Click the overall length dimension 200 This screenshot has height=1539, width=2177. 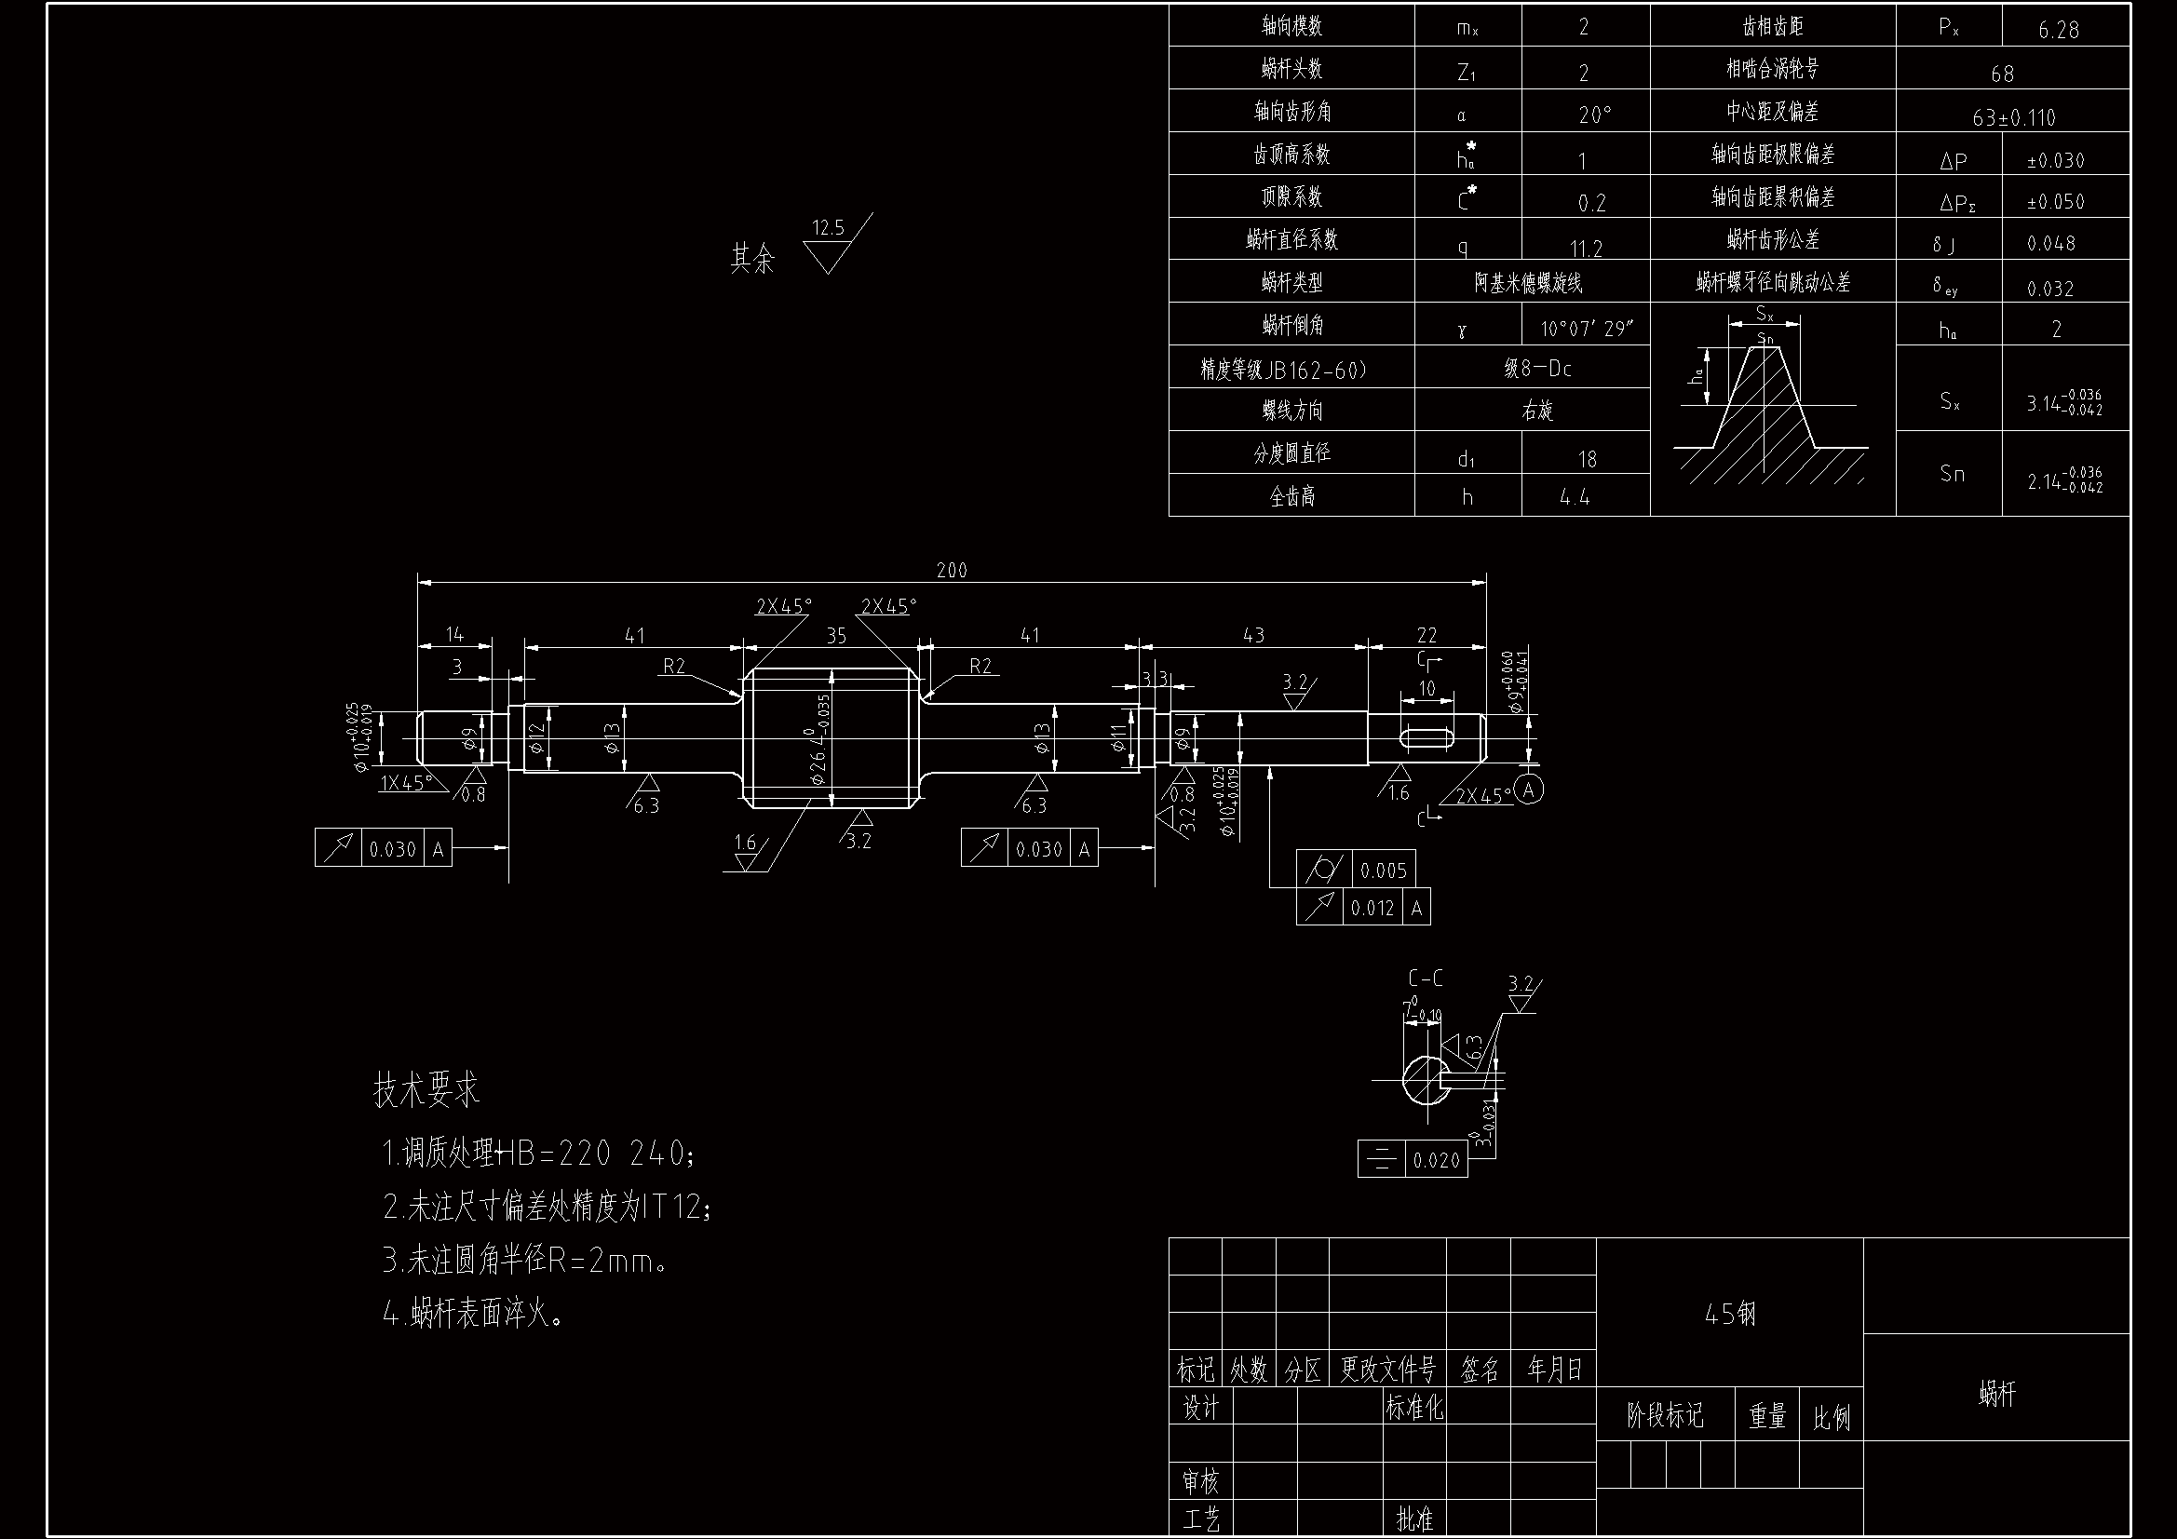coord(951,571)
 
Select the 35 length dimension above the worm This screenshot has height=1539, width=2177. coord(835,636)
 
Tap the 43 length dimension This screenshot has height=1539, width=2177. coord(1253,635)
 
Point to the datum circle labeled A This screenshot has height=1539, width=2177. coord(1526,789)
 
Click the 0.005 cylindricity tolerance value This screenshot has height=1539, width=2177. coord(1384,871)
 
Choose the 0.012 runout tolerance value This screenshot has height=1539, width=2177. coord(1372,909)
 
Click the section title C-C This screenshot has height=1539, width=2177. coord(1425,979)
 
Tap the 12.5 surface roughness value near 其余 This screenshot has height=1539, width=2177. coord(828,227)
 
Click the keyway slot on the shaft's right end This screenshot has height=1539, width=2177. coord(1427,736)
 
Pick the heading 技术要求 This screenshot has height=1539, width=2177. coord(426,1090)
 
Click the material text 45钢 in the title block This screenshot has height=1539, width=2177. coord(1729,1314)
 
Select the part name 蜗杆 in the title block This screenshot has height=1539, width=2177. coord(1997,1393)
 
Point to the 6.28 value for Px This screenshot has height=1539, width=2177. coord(2059,31)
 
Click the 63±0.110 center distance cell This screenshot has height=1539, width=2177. coord(2014,117)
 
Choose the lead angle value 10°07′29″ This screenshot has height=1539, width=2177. coord(1587,329)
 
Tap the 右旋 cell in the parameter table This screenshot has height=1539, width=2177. coord(1536,411)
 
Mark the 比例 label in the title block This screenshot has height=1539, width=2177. coord(1831,1417)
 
